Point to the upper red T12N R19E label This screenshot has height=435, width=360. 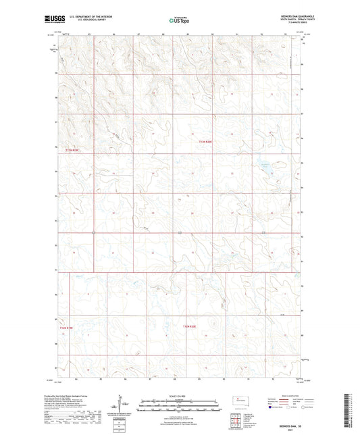pyautogui.click(x=72, y=150)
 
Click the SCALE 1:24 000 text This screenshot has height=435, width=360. pyautogui.click(x=179, y=395)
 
